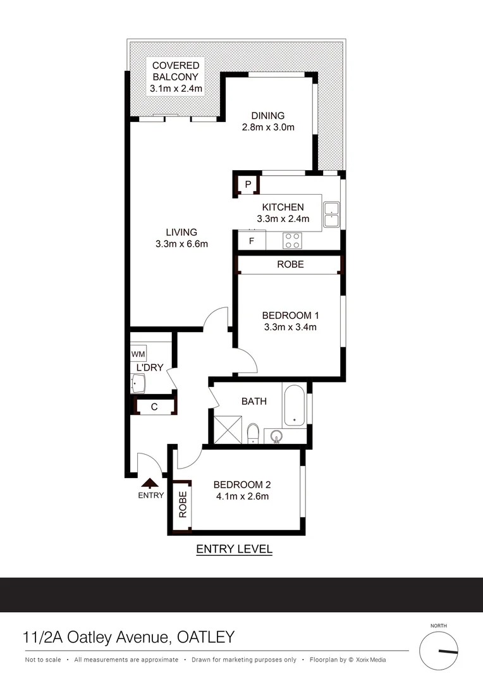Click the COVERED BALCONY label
pos(176,71)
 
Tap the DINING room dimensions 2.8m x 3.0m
pos(268,127)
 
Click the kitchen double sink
pos(331,214)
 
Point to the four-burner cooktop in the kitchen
pos(292,240)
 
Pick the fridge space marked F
pos(251,241)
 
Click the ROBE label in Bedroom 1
pos(290,264)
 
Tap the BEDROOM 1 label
pos(290,315)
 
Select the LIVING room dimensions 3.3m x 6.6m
pos(181,244)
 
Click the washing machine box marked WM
pos(138,354)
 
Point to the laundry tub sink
pos(138,383)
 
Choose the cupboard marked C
pos(154,407)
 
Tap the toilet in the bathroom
pos(253,433)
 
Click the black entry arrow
pos(150,484)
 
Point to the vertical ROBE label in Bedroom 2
pos(183,505)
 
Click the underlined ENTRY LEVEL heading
pos(234,549)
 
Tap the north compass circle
pos(439,651)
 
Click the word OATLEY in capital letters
pos(203,636)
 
